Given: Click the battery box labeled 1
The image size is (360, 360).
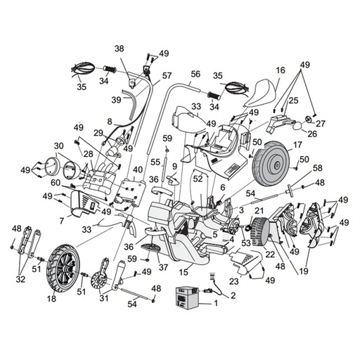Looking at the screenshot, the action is tap(187, 297).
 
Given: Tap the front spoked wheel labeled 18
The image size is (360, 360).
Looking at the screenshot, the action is tap(63, 268).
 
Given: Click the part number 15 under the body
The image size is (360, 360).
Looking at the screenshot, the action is tap(184, 272).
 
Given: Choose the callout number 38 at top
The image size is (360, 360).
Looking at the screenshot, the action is tap(120, 49).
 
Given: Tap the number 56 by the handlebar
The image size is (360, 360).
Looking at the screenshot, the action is tap(195, 75).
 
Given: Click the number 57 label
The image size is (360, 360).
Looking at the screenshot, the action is tap(167, 76).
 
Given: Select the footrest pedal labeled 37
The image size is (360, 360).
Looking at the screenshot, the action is tap(151, 249).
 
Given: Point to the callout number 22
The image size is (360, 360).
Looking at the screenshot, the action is tap(270, 254).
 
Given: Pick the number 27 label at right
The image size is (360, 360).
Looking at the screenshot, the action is tap(320, 124).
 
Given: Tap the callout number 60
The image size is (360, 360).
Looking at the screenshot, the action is tap(56, 183).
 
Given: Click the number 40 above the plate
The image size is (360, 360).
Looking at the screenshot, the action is tap(138, 169).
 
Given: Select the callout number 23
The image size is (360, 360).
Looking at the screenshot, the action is tap(235, 281).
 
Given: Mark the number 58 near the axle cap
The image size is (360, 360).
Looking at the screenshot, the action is tap(318, 168).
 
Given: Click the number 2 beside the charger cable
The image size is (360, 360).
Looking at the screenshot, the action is tap(233, 295).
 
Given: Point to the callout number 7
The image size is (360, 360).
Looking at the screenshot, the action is tap(62, 221).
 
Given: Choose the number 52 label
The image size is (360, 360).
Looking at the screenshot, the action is tap(198, 179).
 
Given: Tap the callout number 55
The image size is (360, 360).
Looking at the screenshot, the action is tap(155, 162).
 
